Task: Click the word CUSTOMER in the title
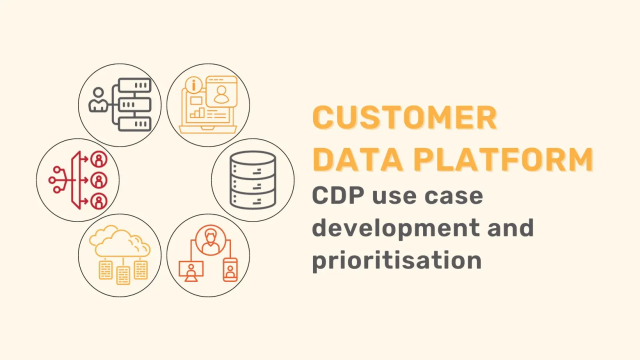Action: pyautogui.click(x=404, y=118)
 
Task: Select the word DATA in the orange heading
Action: pyautogui.click(x=353, y=157)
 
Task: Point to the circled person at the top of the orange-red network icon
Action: pyautogui.click(x=210, y=239)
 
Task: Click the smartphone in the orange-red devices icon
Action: pyautogui.click(x=231, y=269)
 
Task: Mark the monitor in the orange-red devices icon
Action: pyautogui.click(x=189, y=269)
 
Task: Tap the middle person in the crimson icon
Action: pyautogui.click(x=99, y=181)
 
